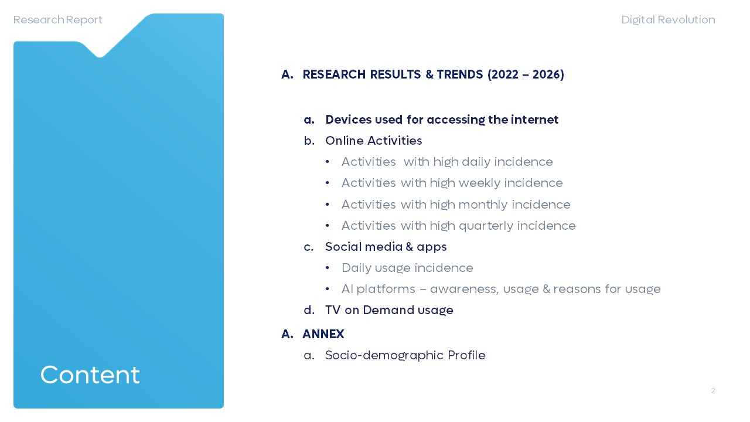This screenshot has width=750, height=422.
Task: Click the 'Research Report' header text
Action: pyautogui.click(x=57, y=20)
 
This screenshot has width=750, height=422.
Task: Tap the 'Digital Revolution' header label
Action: pyautogui.click(x=669, y=20)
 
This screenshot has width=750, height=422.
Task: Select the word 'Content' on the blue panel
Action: pyautogui.click(x=90, y=375)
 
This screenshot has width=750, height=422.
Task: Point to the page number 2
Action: pyautogui.click(x=713, y=391)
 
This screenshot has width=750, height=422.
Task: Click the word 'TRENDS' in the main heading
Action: pyautogui.click(x=460, y=74)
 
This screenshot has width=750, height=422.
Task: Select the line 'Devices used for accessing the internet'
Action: pyautogui.click(x=442, y=120)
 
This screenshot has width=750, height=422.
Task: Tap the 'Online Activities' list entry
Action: pyautogui.click(x=374, y=141)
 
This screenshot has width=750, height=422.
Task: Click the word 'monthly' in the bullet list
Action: pyautogui.click(x=482, y=205)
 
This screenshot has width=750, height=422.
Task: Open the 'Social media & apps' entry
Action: pyautogui.click(x=386, y=247)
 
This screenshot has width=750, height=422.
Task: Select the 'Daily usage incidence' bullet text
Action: pyautogui.click(x=407, y=268)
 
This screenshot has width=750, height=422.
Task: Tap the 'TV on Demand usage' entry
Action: pyautogui.click(x=390, y=310)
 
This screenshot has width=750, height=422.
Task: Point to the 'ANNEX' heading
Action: pyautogui.click(x=323, y=334)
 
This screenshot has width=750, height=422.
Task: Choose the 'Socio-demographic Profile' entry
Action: pyautogui.click(x=405, y=355)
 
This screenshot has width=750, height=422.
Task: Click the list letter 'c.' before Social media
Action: pyautogui.click(x=309, y=247)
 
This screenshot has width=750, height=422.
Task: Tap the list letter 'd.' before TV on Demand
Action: pyautogui.click(x=309, y=310)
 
